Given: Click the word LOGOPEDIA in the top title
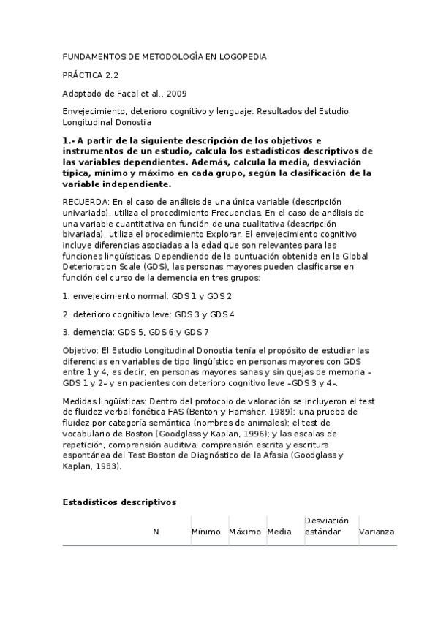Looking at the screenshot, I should coord(241,56).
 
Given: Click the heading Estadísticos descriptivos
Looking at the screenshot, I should coord(119,502).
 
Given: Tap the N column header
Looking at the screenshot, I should coord(156,532).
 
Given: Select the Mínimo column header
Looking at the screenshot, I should coord(206,532).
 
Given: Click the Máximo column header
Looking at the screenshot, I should coord(245,532).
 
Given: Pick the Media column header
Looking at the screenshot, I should coord(280,532).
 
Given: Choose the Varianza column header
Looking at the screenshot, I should coord(377,532).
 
